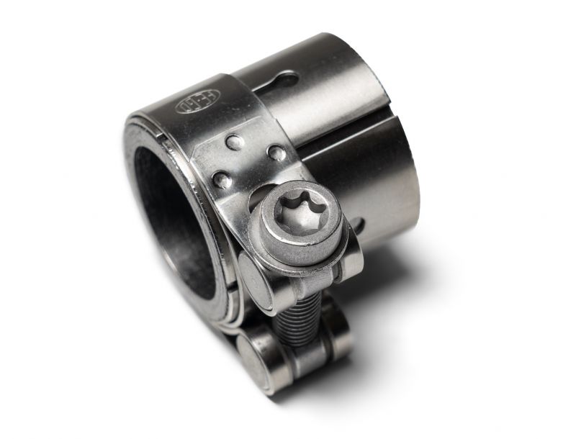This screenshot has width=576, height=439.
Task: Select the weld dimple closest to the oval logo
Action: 235,142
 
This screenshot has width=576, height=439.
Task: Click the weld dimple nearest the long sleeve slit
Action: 276,152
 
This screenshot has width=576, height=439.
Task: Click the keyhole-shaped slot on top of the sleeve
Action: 276,81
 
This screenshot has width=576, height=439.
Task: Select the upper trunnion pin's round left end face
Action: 254,278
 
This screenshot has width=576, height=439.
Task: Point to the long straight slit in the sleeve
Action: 338,140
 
